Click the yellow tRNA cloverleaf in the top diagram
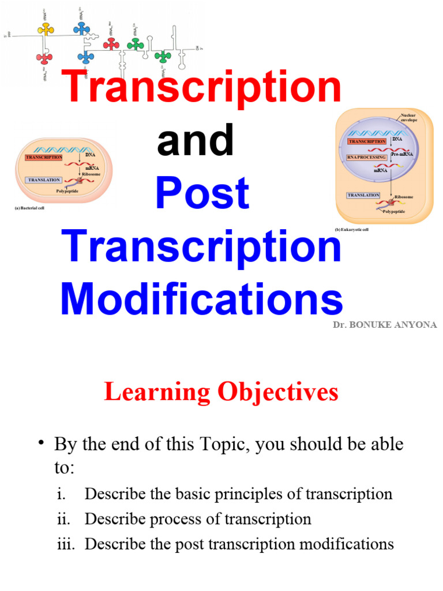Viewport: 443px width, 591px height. [46, 28]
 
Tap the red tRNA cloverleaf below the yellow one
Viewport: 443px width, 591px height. [44, 58]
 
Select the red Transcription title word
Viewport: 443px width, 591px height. [202, 87]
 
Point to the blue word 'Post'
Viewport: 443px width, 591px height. [202, 193]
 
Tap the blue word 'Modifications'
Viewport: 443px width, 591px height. [201, 299]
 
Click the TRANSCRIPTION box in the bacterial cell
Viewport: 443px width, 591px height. [44, 158]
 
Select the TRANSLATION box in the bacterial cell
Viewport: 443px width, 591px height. [44, 180]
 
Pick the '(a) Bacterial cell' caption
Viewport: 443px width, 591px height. [29, 208]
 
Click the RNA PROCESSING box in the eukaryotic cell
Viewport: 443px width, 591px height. [367, 157]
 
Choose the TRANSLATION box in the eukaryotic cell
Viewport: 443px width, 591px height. [363, 195]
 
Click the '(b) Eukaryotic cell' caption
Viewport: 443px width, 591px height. [352, 230]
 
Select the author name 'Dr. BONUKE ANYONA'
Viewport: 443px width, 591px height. [385, 325]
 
